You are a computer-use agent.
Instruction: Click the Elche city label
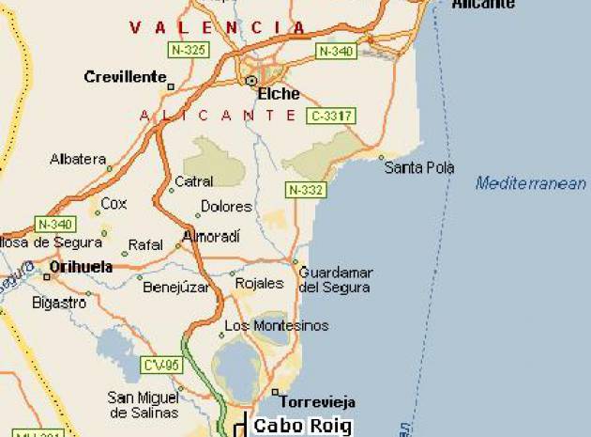coord(279,94)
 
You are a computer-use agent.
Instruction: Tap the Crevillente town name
coord(125,77)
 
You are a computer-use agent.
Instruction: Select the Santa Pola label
coord(419,167)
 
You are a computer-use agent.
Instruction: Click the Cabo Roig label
coord(302,426)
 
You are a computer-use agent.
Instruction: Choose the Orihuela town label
coord(81,267)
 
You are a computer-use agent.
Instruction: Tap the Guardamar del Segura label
coord(335,279)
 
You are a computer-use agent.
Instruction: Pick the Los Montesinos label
coord(277,326)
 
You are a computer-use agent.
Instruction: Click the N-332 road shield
coord(306,190)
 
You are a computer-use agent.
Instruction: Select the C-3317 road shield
coord(331,116)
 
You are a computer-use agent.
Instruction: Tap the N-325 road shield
coord(188,48)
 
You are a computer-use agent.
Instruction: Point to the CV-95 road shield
coord(161,364)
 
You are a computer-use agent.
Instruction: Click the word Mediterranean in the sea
coord(530,183)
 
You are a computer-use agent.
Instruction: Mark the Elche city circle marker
coord(251,82)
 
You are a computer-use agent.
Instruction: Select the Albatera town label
coord(78,159)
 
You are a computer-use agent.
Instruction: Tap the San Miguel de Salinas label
coord(144,404)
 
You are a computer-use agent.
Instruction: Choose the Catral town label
coord(194,181)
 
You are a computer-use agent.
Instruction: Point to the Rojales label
coord(259,283)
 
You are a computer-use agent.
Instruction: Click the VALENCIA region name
coord(218,28)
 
